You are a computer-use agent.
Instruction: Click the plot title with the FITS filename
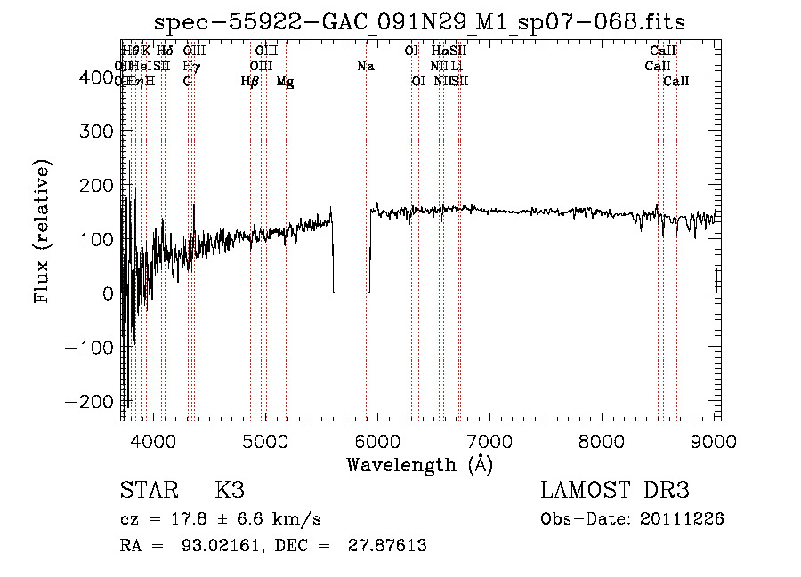419,21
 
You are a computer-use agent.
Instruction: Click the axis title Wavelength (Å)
419,464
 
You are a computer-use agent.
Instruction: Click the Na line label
366,66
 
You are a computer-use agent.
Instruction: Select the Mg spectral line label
285,82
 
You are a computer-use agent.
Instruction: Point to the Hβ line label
250,82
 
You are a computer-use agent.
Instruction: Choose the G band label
187,82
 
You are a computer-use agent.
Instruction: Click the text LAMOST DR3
614,491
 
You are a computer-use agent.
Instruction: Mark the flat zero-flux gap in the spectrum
351,292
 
